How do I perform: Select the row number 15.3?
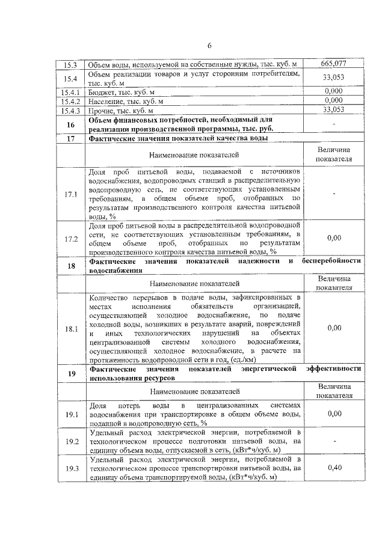pyautogui.click(x=71, y=64)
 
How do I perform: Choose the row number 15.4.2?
pyautogui.click(x=71, y=102)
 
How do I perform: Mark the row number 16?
pyautogui.click(x=71, y=124)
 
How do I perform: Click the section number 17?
pyautogui.click(x=71, y=138)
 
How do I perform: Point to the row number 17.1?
pyautogui.click(x=71, y=195)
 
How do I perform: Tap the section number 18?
pyautogui.click(x=71, y=266)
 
